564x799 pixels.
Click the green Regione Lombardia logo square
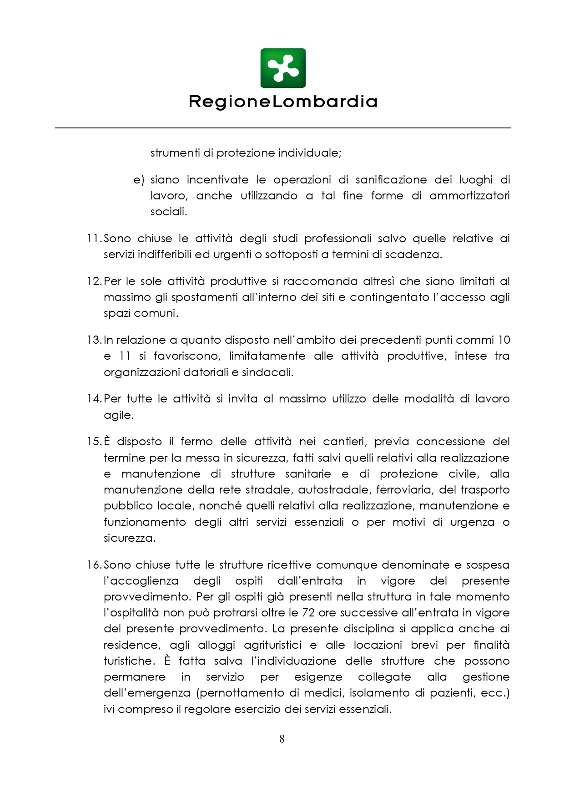click(282, 68)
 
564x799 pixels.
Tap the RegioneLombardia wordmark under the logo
click(282, 102)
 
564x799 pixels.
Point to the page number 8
click(282, 738)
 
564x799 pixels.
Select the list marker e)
click(138, 180)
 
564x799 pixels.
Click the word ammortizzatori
click(469, 196)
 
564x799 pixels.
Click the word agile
click(118, 415)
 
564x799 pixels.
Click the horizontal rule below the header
click(282, 128)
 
